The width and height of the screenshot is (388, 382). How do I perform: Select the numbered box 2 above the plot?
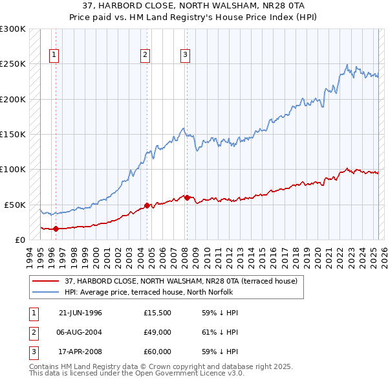click(x=145, y=55)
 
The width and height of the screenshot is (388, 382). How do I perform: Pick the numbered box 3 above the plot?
click(x=185, y=55)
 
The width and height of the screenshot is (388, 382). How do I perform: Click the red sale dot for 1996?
click(x=56, y=229)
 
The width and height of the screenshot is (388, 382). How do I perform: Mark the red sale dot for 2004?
click(x=147, y=205)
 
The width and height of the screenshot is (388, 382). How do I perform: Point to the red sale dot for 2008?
click(x=187, y=197)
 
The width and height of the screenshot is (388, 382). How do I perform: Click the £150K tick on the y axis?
click(x=13, y=135)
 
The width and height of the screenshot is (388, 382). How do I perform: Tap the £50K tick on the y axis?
click(x=15, y=205)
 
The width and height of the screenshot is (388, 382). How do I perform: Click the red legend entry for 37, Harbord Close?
click(x=180, y=281)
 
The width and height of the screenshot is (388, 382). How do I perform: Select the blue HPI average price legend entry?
click(x=152, y=292)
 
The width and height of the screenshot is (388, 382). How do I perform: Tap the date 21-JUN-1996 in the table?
click(x=80, y=313)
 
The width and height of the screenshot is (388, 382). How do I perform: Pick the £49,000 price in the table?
click(x=157, y=333)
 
